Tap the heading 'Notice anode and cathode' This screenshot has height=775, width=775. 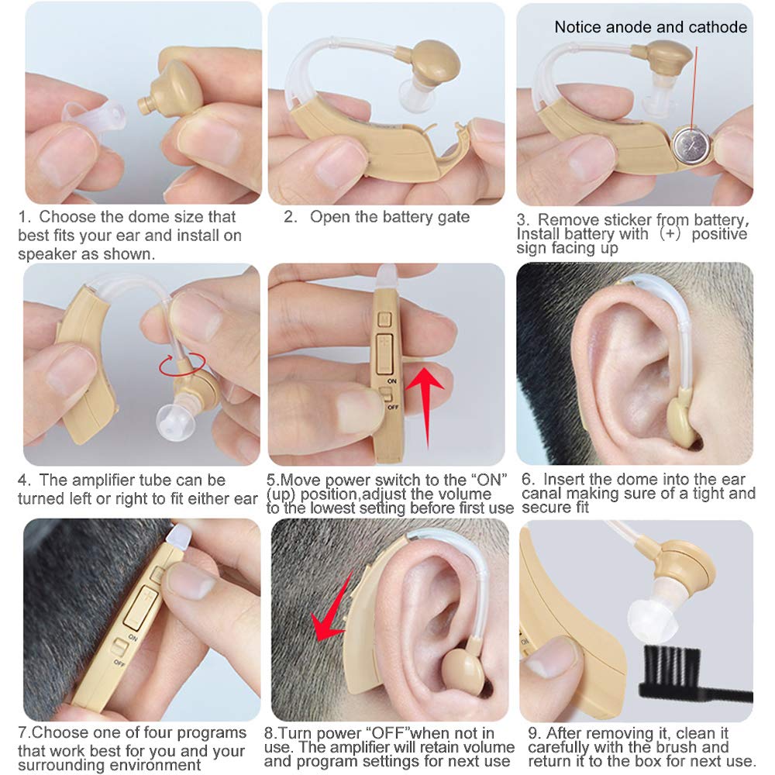pos(650,27)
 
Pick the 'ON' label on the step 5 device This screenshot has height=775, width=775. pos(392,382)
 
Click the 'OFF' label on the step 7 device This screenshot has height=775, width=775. pos(119,663)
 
